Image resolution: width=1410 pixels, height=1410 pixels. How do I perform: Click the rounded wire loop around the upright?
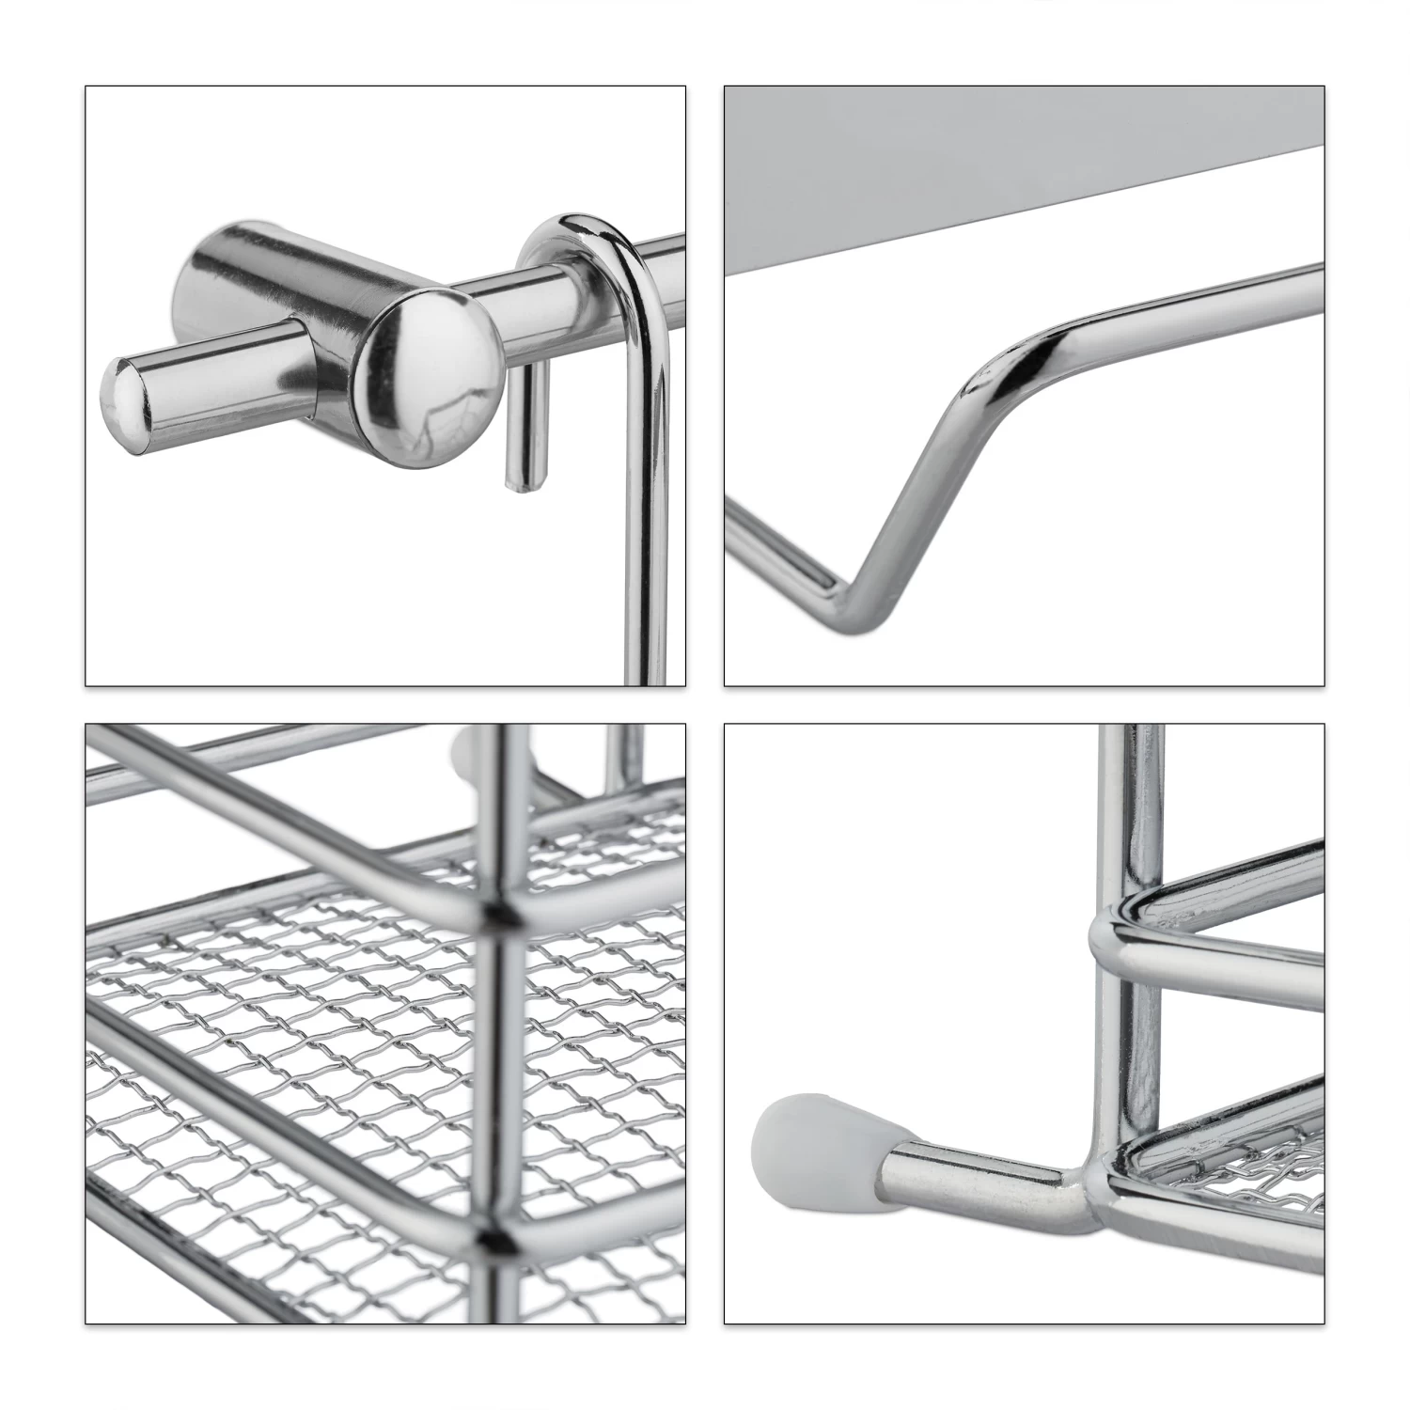(x=1119, y=931)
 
